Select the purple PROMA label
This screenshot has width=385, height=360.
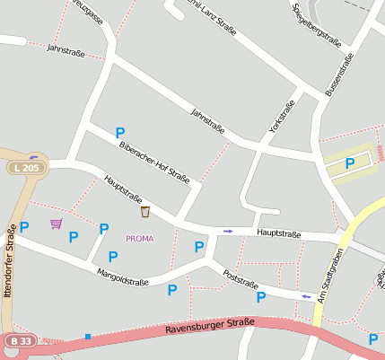coord(139,239)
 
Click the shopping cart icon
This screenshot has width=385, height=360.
coord(57,224)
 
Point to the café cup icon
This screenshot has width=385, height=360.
coord(144,212)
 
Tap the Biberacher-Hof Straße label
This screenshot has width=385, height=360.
coord(153,162)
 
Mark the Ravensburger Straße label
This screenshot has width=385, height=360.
coord(210,327)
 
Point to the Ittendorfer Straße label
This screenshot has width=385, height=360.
coord(8,261)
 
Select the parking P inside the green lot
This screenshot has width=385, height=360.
coord(350,162)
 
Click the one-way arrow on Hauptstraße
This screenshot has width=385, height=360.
coord(228,232)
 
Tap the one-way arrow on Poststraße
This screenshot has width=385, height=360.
coord(306,295)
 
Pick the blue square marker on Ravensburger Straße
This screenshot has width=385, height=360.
coord(88,337)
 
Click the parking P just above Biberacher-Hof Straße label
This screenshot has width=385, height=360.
coord(120,133)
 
